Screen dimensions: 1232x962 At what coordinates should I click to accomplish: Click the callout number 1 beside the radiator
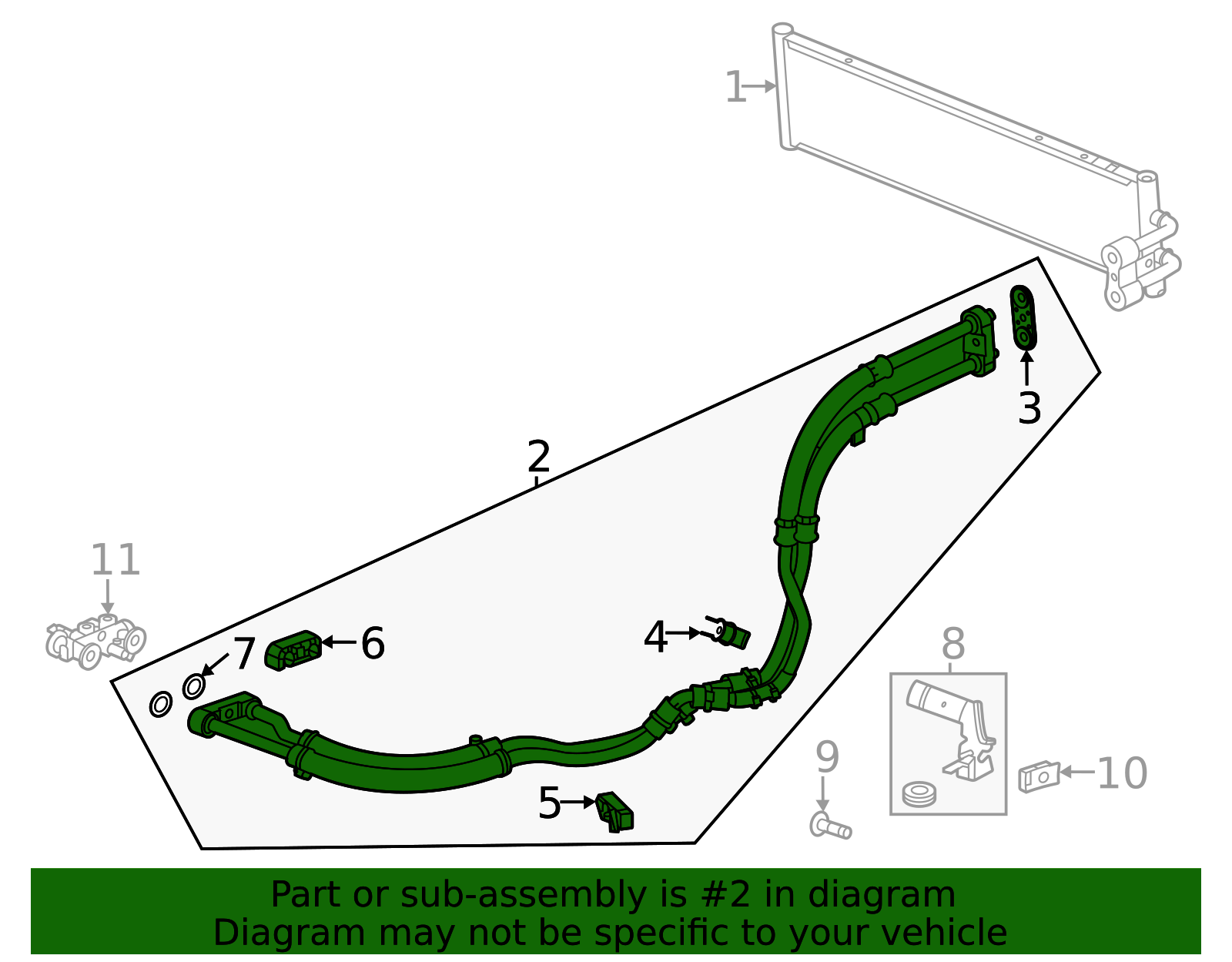click(736, 87)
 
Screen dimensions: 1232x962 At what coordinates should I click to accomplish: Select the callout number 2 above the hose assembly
click(538, 456)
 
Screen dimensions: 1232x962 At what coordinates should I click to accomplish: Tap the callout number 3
click(1029, 408)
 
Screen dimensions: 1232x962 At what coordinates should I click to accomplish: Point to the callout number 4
click(654, 637)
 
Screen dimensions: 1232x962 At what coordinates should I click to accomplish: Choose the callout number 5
click(549, 803)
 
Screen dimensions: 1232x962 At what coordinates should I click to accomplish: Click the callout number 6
click(373, 643)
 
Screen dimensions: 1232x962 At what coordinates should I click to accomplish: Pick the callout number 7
click(244, 654)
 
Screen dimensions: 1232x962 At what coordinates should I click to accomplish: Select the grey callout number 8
click(953, 644)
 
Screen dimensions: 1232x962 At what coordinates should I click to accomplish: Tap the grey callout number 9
click(827, 757)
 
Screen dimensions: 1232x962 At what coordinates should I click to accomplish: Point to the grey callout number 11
click(115, 559)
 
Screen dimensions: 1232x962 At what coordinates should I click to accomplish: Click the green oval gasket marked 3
click(1023, 318)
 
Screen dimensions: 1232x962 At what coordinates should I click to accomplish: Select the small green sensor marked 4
click(728, 632)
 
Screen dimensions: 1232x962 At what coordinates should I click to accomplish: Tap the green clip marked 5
click(614, 812)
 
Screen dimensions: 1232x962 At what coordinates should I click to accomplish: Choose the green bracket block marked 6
click(293, 650)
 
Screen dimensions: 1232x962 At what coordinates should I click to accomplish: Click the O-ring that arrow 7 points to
click(194, 686)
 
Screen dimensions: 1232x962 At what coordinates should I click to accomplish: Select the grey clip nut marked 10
click(1039, 776)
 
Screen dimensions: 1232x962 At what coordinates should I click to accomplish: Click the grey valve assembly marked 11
click(95, 641)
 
